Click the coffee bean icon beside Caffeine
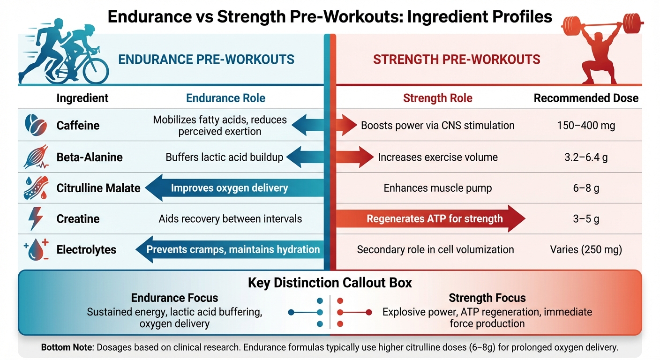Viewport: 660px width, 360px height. point(35,125)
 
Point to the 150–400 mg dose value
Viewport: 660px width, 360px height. point(585,125)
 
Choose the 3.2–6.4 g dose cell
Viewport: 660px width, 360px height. point(585,157)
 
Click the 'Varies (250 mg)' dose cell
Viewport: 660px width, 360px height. point(586,250)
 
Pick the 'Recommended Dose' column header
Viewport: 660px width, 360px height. point(586,98)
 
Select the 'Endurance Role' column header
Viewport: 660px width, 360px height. point(225,98)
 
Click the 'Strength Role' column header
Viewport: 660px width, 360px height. point(437,98)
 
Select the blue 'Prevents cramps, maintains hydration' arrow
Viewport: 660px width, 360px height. point(230,249)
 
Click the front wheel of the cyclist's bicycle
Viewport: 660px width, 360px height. point(96,71)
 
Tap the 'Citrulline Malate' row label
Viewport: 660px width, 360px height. point(98,188)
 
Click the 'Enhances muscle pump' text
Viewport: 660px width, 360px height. point(437,188)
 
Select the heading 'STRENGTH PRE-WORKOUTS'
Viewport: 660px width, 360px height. point(456,60)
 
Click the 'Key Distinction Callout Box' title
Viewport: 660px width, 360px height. point(330,283)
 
